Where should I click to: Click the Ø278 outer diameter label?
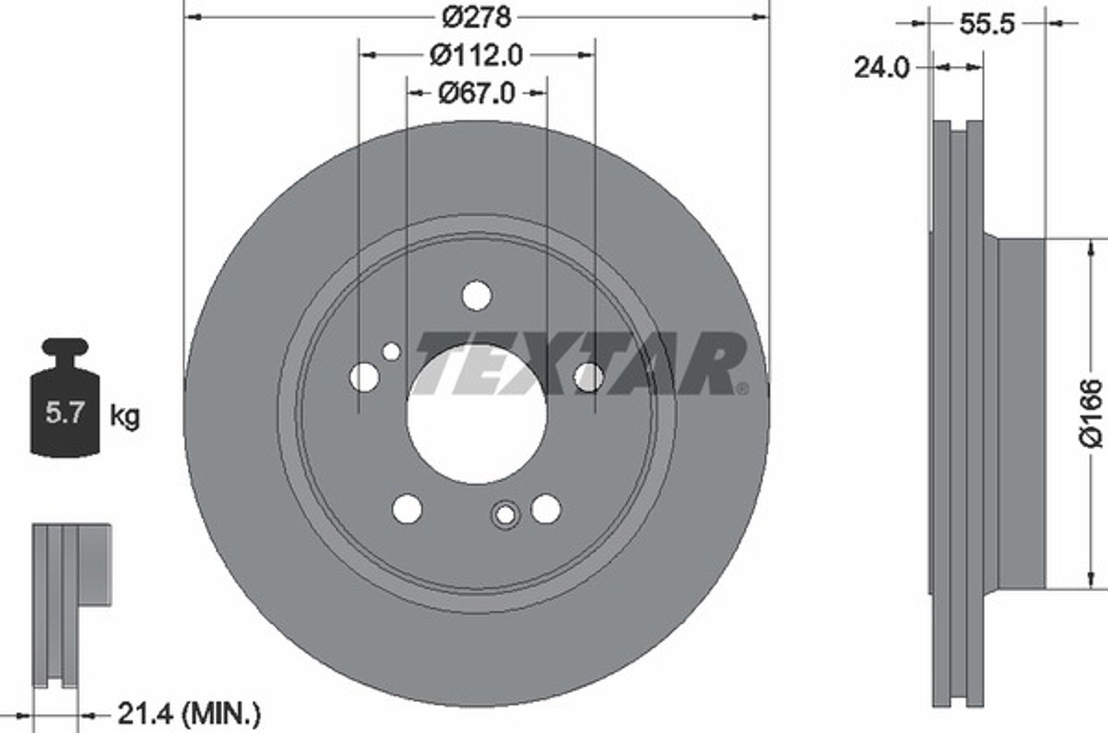point(476,18)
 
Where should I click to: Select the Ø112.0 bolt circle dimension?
point(476,56)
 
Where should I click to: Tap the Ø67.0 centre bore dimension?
point(477,94)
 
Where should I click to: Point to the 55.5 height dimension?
point(987,24)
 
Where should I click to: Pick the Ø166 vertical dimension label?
point(1091,413)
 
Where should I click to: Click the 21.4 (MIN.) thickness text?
point(189,714)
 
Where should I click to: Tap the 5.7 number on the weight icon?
point(65,413)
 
